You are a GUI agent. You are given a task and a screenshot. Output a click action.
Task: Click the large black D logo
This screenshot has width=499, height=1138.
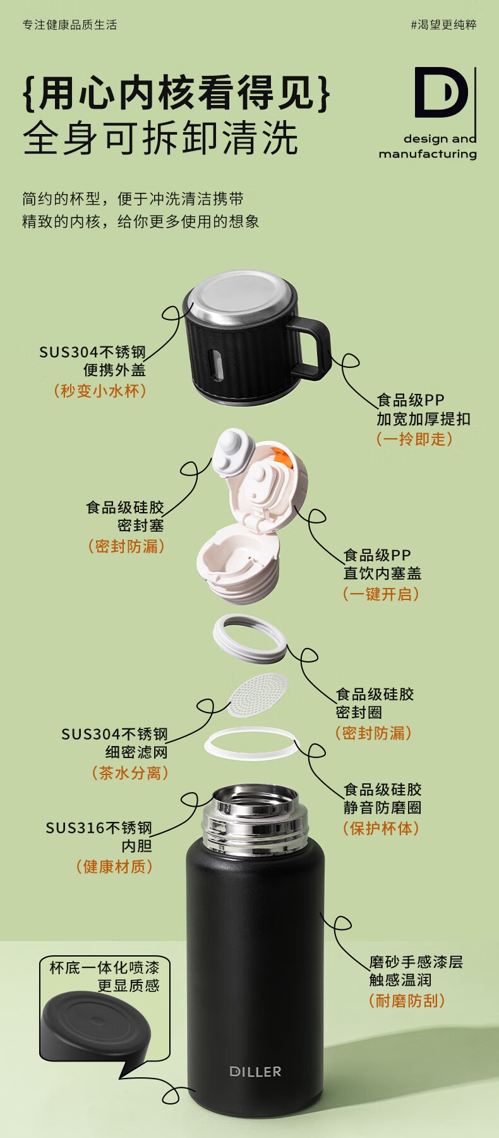[x=440, y=93]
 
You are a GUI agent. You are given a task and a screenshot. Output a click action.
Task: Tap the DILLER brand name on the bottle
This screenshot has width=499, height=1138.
[x=255, y=1071]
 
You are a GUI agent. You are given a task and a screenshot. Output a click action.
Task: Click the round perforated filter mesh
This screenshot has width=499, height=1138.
[x=257, y=694]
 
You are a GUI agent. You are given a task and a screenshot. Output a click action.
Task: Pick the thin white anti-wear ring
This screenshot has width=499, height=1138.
[x=250, y=743]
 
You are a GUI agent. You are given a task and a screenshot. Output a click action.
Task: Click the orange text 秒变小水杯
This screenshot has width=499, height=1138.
[x=100, y=391]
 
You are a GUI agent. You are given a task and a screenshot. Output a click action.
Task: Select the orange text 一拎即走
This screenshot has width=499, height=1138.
[x=414, y=439]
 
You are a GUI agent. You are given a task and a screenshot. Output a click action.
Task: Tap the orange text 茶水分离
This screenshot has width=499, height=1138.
[x=130, y=773]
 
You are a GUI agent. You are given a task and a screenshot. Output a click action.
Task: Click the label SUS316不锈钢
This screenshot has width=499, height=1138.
[x=99, y=828]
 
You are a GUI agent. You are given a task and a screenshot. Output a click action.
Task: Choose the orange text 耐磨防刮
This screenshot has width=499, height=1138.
[x=407, y=1000]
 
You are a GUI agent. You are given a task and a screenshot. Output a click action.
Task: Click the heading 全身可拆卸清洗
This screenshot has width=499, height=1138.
[x=160, y=138]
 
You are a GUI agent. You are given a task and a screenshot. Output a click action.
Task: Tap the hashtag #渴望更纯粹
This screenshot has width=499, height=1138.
[x=443, y=25]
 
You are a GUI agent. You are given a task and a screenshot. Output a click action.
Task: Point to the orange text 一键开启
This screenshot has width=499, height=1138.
[x=381, y=594]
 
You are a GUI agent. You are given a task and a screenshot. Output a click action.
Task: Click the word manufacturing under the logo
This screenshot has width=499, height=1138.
[x=428, y=154]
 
